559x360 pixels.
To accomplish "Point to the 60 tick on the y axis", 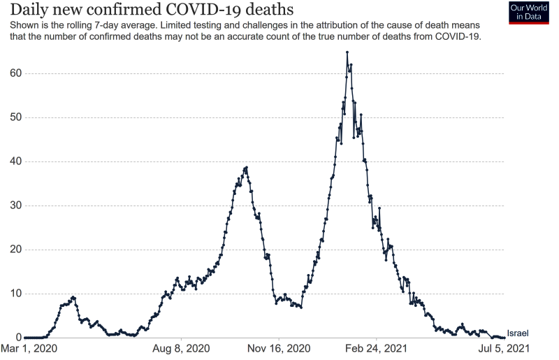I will click(x=15, y=73).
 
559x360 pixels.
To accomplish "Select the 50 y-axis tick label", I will click(x=15, y=117).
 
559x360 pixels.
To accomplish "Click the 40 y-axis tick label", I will click(x=15, y=161).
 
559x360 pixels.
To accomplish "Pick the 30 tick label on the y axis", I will click(x=15, y=206).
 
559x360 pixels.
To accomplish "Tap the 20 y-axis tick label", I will click(x=15, y=250).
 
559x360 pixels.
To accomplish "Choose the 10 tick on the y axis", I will click(x=15, y=294).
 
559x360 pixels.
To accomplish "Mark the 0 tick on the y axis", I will click(x=17, y=338).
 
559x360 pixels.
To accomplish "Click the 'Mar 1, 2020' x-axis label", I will click(x=29, y=348).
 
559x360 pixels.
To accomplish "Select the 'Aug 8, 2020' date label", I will click(x=180, y=348).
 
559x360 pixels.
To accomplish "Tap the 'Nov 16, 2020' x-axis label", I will click(x=278, y=348).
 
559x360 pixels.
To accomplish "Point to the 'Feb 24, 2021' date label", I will click(x=377, y=348).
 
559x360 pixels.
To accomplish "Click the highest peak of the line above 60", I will click(x=347, y=52).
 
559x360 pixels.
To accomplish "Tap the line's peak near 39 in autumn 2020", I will click(x=247, y=168).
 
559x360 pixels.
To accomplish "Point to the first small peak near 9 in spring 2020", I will click(x=73, y=297).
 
